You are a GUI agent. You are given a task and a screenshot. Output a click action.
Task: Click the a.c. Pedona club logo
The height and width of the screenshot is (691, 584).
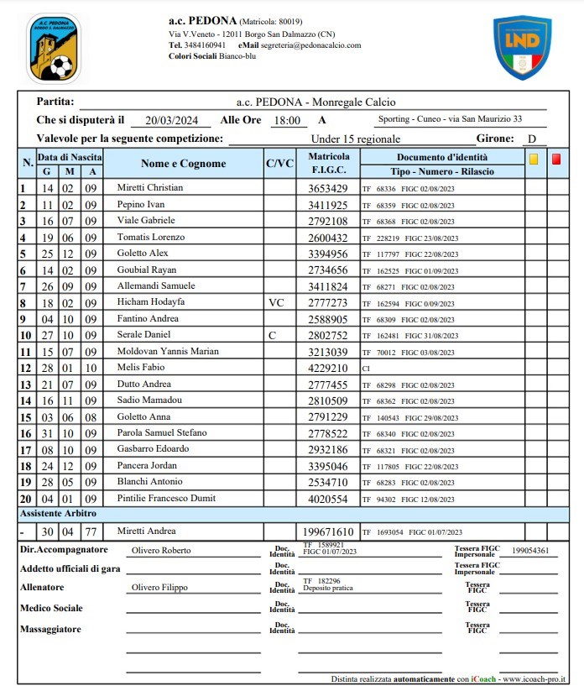point(53,48)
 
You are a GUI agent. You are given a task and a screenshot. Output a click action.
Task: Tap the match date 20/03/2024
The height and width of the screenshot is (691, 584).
point(172,120)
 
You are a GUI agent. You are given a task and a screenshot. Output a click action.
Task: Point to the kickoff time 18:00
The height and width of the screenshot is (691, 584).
point(287,120)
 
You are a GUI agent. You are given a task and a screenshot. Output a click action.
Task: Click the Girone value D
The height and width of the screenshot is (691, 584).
point(531,139)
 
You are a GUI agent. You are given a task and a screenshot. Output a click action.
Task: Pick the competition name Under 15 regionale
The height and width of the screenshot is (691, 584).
point(355,139)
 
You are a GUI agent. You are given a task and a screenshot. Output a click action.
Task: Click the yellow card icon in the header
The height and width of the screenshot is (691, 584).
point(533,158)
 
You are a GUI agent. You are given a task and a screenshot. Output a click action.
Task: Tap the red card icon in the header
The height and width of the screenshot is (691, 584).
point(555,158)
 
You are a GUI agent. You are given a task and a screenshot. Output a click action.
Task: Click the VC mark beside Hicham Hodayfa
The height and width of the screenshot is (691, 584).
point(279,301)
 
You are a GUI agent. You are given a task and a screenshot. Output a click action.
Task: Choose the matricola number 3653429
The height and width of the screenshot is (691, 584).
point(327,188)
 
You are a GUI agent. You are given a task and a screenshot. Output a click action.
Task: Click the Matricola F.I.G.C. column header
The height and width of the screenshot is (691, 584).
point(327,164)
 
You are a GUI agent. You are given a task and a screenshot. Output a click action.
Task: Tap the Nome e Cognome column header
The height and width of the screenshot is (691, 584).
point(183,164)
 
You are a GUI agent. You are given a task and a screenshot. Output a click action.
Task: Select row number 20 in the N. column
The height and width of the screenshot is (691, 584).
point(26,498)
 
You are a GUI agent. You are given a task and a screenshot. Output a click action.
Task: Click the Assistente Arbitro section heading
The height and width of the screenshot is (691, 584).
point(59,513)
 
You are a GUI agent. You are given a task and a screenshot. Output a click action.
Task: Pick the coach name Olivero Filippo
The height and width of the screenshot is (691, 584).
point(159,588)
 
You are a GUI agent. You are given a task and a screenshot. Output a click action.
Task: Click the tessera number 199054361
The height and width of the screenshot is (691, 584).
point(530,551)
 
